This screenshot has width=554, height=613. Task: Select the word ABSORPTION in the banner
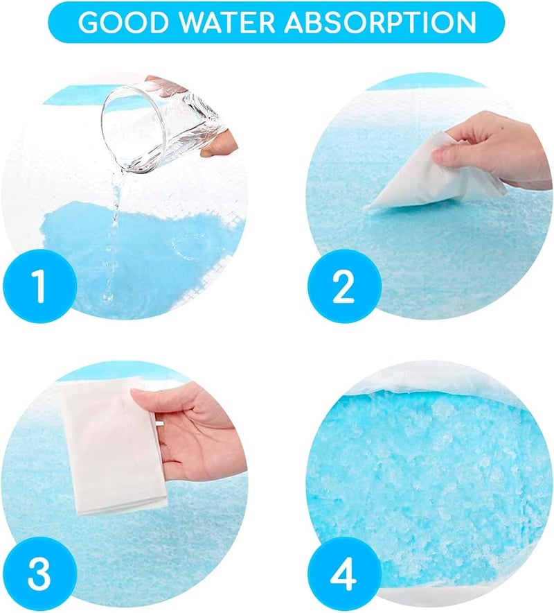tap(380, 22)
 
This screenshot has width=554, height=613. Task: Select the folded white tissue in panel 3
tap(113, 449)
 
